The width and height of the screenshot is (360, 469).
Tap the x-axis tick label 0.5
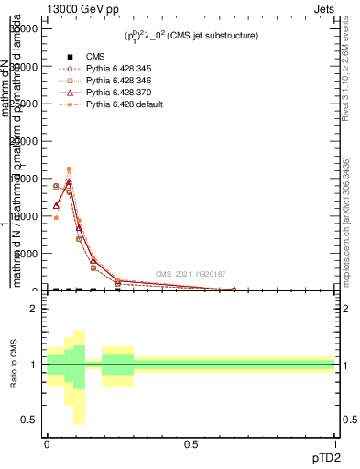point(191,442)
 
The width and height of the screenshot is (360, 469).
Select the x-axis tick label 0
point(47,442)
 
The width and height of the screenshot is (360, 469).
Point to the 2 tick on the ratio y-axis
point(32,309)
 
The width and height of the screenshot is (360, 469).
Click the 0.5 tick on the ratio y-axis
point(28,420)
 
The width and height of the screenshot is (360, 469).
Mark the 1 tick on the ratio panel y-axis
point(32,365)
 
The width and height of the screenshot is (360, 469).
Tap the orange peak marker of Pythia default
point(69,169)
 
